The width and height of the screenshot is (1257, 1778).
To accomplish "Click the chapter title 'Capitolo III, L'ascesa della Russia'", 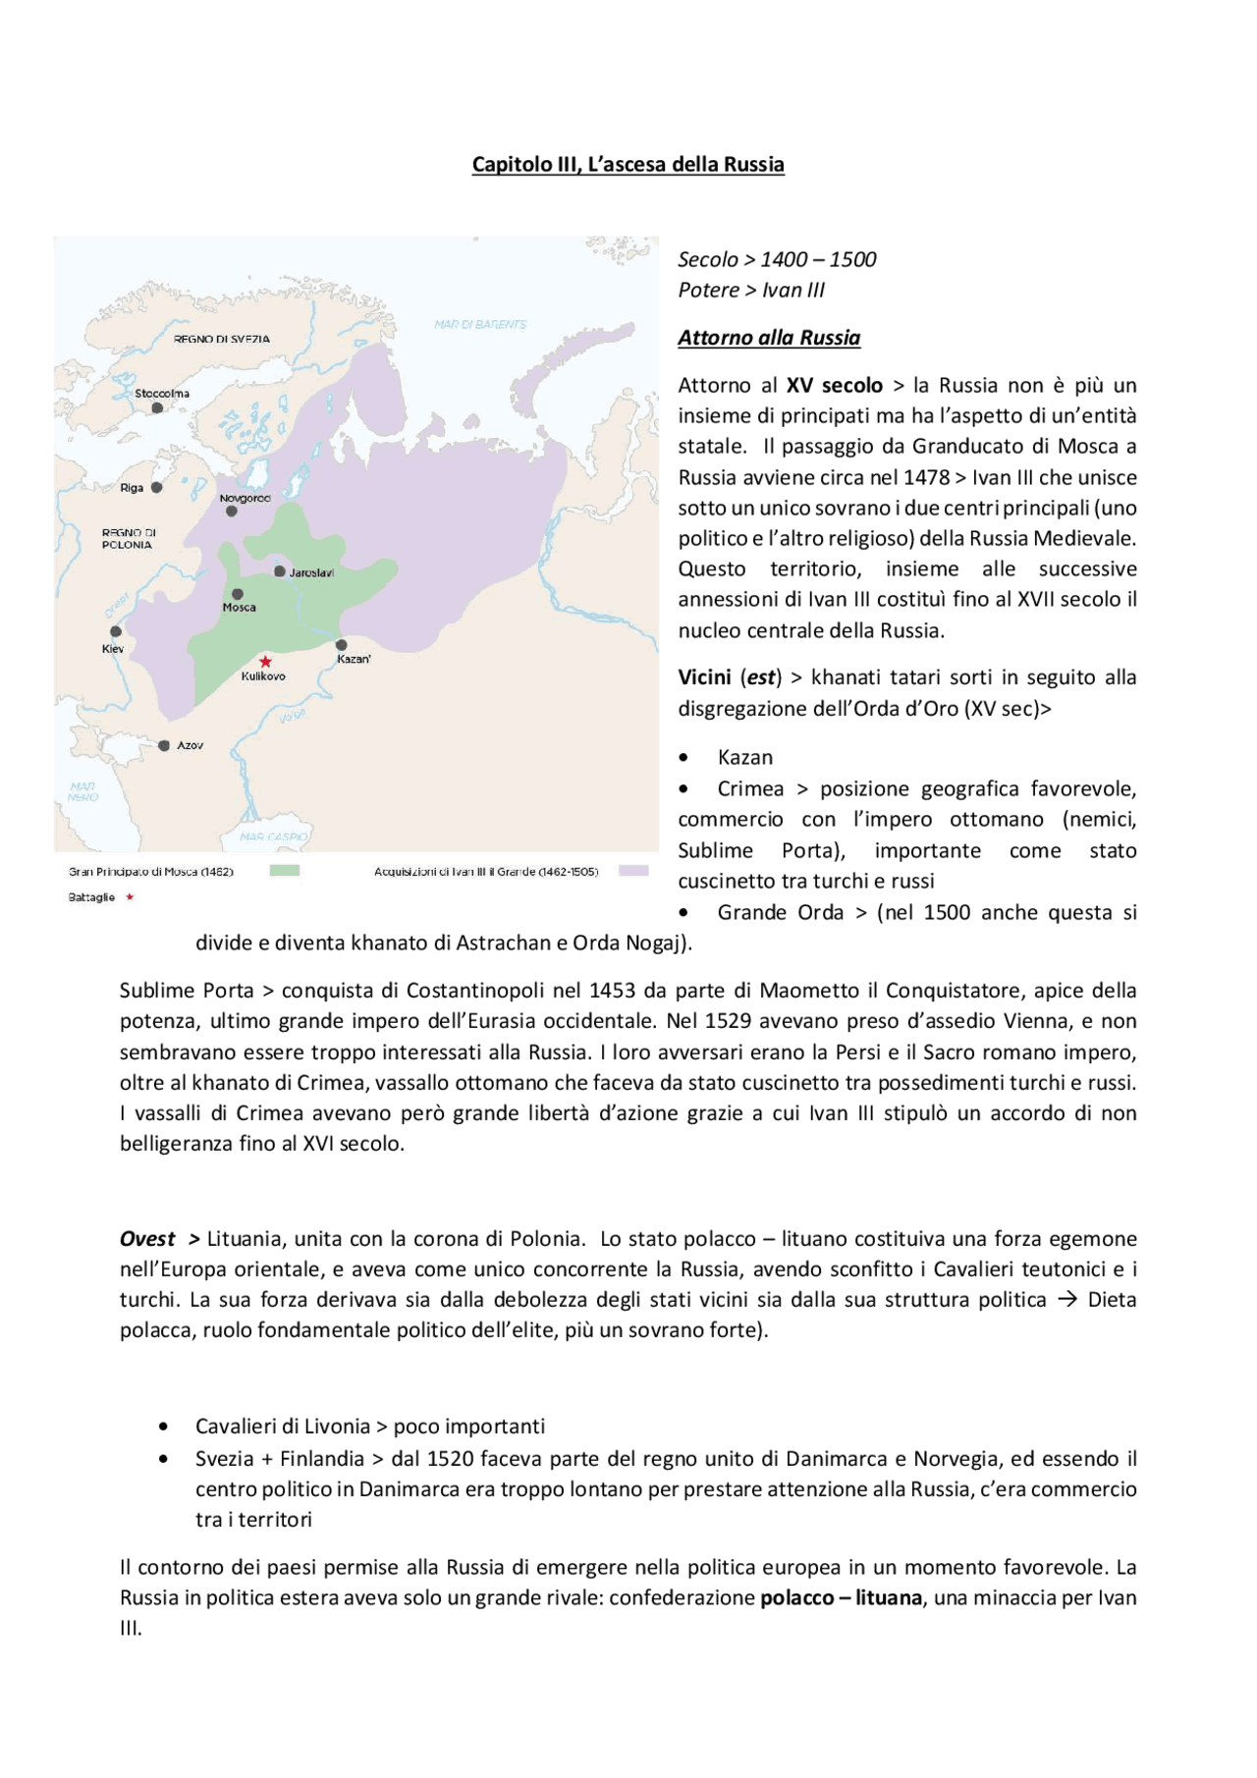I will pyautogui.click(x=628, y=164).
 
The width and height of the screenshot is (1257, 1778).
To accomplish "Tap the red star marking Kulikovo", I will pyautogui.click(x=265, y=662).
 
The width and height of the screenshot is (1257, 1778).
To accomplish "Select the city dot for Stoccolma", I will pyautogui.click(x=157, y=407).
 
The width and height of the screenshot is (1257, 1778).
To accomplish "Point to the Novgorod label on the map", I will pyautogui.click(x=245, y=498).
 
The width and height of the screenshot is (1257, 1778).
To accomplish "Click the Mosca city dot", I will pyautogui.click(x=238, y=594).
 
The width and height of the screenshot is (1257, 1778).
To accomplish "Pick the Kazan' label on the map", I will pyautogui.click(x=354, y=659).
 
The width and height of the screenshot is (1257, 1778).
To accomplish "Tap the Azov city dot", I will pyautogui.click(x=164, y=746).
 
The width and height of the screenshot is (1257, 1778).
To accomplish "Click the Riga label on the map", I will pyautogui.click(x=132, y=488).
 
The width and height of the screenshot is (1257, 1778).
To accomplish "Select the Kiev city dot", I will pyautogui.click(x=116, y=631).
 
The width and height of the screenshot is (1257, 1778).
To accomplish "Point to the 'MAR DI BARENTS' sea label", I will pyautogui.click(x=480, y=324).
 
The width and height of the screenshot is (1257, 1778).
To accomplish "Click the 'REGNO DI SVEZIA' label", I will pyautogui.click(x=222, y=339).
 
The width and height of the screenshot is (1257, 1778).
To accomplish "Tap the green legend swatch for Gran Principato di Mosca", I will pyautogui.click(x=285, y=871).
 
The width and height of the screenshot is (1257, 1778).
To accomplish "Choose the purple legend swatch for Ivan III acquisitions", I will pyautogui.click(x=633, y=871).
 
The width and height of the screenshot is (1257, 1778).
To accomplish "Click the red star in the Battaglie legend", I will pyautogui.click(x=130, y=897).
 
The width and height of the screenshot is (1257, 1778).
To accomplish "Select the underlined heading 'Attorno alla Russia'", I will pyautogui.click(x=769, y=338).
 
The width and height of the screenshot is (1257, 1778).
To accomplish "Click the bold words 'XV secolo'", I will pyautogui.click(x=834, y=386).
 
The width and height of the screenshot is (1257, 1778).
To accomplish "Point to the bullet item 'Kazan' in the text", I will pyautogui.click(x=744, y=758).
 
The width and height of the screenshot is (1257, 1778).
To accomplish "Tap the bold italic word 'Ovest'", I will pyautogui.click(x=147, y=1239).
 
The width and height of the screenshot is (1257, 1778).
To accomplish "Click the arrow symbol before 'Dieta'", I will pyautogui.click(x=1067, y=1300).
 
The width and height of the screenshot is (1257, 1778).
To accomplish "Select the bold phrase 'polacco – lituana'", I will pyautogui.click(x=841, y=1598).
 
